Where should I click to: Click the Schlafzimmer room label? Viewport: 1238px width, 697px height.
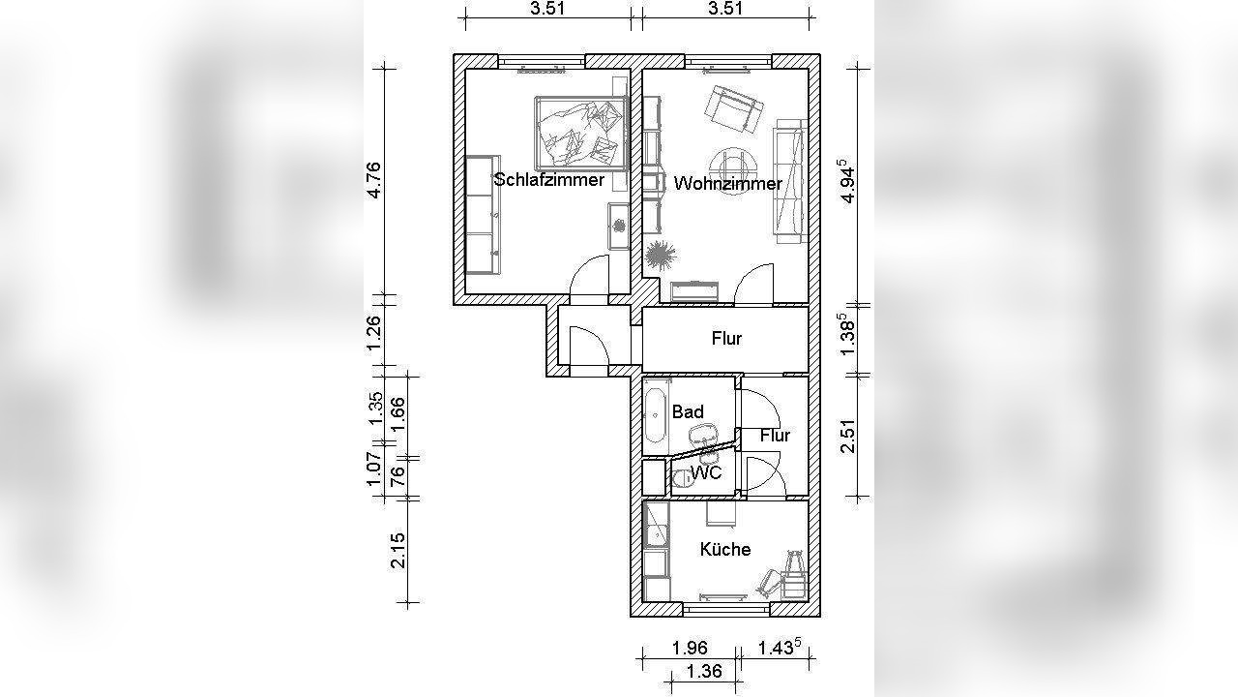[548, 180]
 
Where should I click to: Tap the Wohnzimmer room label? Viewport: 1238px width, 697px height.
[728, 183]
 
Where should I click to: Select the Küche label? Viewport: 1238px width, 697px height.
[725, 549]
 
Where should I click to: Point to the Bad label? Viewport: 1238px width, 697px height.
[688, 412]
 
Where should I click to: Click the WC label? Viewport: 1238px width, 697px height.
[706, 473]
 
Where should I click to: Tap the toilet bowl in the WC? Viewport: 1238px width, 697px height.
[683, 477]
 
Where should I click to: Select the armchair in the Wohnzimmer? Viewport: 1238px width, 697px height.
[734, 109]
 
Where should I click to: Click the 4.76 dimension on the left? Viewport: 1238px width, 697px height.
[373, 180]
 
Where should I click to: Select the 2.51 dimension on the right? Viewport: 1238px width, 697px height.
[847, 437]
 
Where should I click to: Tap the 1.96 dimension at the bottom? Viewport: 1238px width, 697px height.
[690, 648]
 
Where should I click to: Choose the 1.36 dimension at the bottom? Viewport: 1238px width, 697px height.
[703, 671]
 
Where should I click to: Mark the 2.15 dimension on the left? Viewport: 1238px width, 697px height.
[398, 551]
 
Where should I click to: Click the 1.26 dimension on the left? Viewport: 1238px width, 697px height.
[373, 332]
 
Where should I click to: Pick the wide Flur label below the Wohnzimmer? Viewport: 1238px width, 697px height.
[726, 339]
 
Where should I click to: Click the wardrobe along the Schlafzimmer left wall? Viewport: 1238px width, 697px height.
[483, 215]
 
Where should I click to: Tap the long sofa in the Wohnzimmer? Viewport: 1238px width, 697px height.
[788, 180]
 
